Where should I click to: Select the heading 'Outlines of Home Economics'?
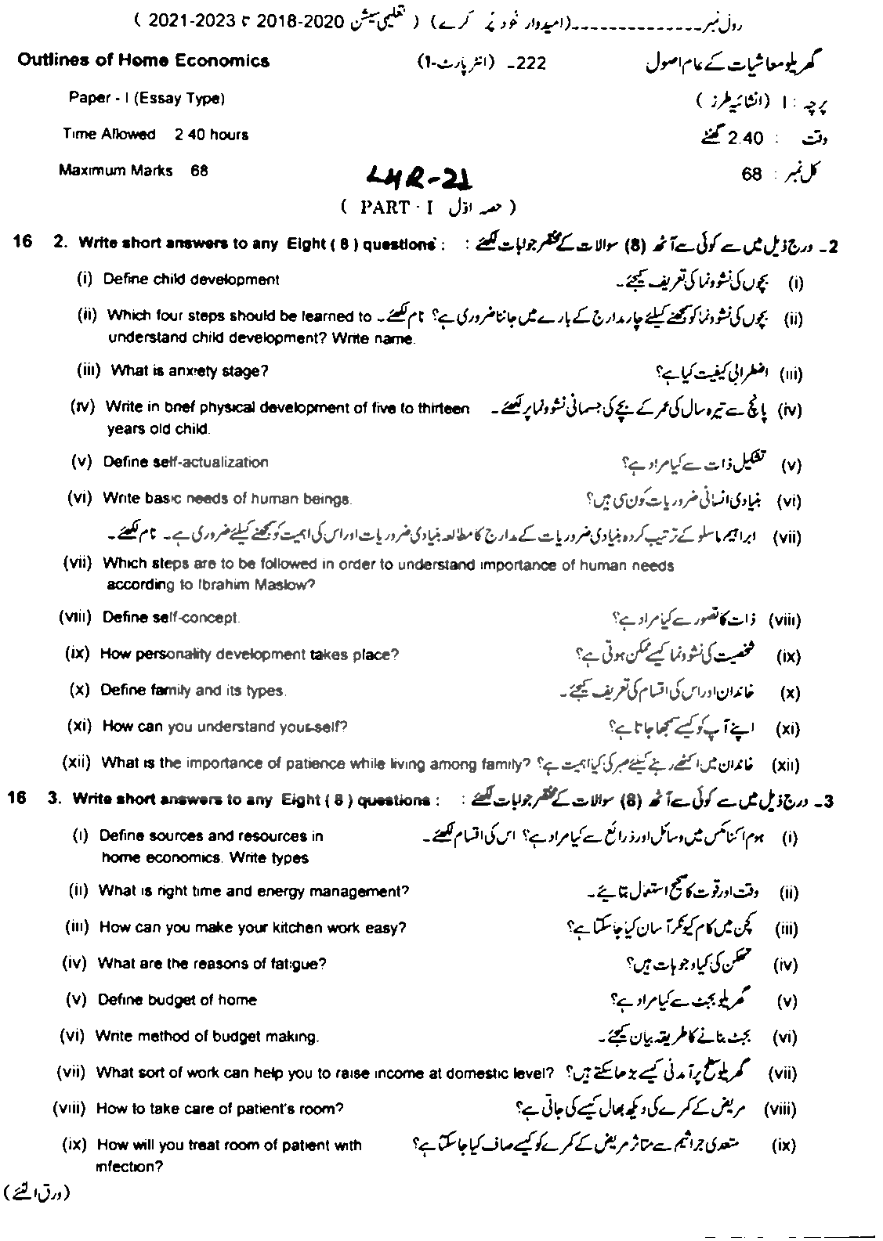tap(143, 61)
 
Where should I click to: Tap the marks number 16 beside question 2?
tap(24, 242)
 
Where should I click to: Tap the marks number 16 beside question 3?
tap(18, 798)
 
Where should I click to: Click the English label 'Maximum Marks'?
tap(116, 171)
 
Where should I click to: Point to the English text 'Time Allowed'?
tap(109, 135)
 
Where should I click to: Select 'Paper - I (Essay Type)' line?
tap(147, 99)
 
